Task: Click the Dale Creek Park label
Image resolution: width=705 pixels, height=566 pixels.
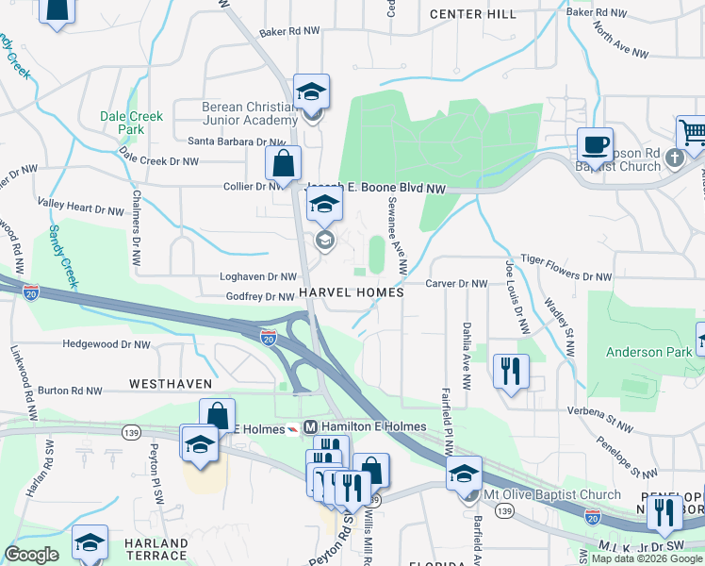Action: [132, 123]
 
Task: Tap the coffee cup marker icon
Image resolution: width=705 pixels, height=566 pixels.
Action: [595, 145]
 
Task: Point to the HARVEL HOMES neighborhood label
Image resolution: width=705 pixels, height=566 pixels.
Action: [352, 293]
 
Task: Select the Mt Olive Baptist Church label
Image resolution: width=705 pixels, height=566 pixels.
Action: [552, 494]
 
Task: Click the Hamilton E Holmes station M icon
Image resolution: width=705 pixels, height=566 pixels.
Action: [309, 427]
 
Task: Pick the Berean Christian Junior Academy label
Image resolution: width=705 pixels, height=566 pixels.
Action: [250, 113]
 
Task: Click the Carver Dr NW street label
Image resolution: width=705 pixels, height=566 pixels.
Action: [456, 283]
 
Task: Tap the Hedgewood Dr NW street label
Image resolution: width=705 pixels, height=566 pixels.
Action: [107, 344]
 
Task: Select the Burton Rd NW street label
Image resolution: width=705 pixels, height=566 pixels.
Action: [70, 390]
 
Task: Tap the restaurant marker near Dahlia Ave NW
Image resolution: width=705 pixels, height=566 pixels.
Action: [511, 370]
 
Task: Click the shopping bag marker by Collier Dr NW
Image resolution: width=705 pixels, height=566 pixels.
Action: [283, 163]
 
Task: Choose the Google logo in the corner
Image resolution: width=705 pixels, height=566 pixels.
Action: [32, 555]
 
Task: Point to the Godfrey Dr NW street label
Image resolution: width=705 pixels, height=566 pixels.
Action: [261, 296]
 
